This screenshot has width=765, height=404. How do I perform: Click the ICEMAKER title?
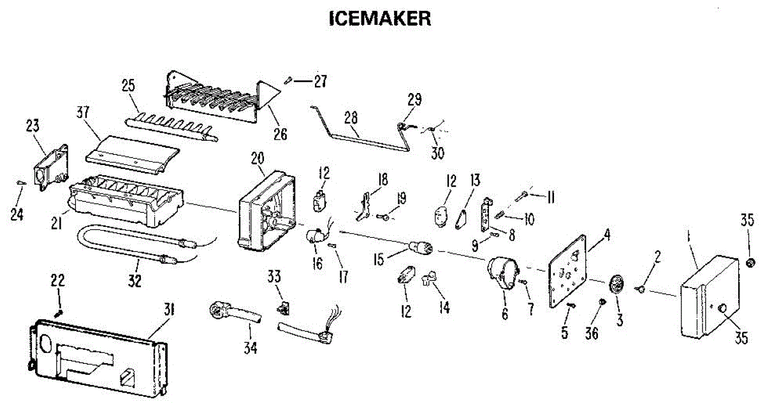pyautogui.click(x=380, y=19)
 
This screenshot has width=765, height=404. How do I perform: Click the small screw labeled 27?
pyautogui.click(x=288, y=80)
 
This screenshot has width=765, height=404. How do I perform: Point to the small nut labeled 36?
pyautogui.click(x=601, y=300)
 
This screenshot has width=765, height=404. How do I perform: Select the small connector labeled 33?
pyautogui.click(x=280, y=308)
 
